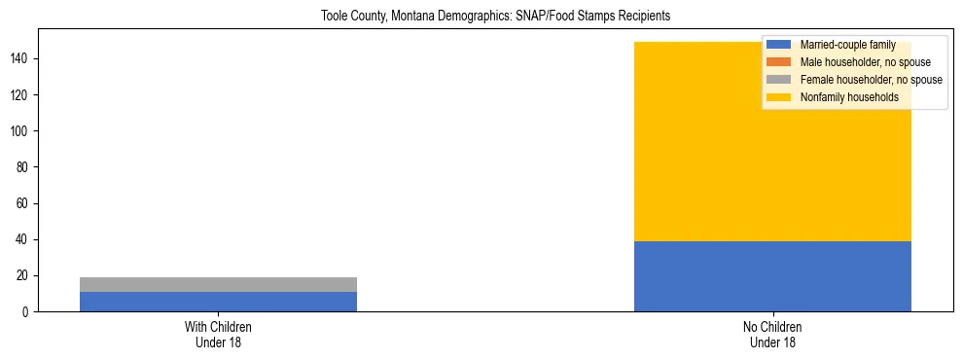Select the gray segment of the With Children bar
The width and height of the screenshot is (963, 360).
click(218, 284)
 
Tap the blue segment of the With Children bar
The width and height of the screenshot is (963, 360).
click(218, 302)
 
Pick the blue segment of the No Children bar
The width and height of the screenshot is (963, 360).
click(772, 276)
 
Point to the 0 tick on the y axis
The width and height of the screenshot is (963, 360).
click(27, 312)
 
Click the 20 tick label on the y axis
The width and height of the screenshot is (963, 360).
click(24, 276)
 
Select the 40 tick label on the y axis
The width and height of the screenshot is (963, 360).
click(24, 240)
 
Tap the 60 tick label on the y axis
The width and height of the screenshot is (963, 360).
click(24, 203)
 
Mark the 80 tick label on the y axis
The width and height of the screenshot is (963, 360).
click(24, 167)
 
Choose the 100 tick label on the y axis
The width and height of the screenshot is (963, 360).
click(21, 131)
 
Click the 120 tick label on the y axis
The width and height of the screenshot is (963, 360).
click(21, 95)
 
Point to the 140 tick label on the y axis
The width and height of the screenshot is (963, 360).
click(21, 59)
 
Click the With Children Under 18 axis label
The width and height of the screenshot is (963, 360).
click(218, 334)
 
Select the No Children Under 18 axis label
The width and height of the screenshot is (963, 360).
click(772, 334)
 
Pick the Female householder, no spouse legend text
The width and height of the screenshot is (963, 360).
click(871, 80)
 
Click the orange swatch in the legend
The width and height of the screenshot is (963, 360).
click(779, 62)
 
